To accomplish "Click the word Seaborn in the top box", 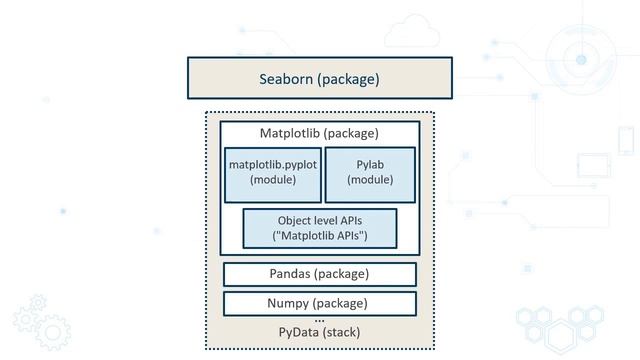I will click(286, 79).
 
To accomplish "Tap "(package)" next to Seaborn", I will click(348, 79).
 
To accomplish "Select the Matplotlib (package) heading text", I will click(319, 133).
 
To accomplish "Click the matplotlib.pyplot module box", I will click(272, 174).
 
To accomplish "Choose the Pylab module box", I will click(370, 174).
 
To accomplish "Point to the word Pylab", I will click(370, 164).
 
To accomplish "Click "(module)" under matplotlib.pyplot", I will click(272, 181).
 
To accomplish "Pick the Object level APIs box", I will click(320, 228).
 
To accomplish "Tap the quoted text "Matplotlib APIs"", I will click(320, 236).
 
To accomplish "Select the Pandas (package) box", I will click(319, 274).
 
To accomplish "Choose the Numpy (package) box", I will click(319, 303).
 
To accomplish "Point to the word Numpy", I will click(290, 303).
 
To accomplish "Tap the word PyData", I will click(299, 332).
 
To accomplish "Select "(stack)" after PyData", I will click(342, 332).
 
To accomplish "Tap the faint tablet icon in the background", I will click(593, 166).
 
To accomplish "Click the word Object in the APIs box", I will click(293, 220).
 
